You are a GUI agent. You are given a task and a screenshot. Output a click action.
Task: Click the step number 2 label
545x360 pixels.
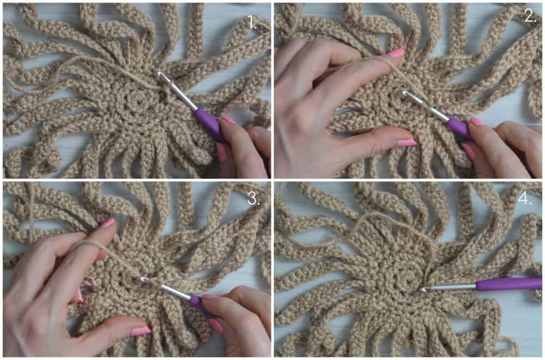pyautogui.click(x=530, y=16)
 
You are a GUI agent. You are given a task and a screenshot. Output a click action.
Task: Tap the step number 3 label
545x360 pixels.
pyautogui.click(x=254, y=199)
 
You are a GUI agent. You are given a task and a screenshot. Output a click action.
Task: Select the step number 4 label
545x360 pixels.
pyautogui.click(x=524, y=199)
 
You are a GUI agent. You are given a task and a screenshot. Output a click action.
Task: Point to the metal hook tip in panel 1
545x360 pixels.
pyautogui.click(x=160, y=74)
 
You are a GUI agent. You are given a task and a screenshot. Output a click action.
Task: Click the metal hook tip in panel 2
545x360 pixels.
pyautogui.click(x=404, y=93)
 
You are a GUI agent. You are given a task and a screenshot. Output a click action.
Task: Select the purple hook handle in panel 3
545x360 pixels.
pyautogui.click(x=197, y=302)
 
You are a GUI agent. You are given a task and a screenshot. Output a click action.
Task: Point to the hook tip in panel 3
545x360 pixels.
pyautogui.click(x=143, y=279)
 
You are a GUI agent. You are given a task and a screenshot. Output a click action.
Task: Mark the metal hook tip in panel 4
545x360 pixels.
pyautogui.click(x=422, y=289)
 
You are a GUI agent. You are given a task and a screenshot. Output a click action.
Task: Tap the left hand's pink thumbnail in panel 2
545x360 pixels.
pyautogui.click(x=407, y=143)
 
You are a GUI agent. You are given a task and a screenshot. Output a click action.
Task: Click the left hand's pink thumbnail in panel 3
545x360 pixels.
pyautogui.click(x=141, y=331)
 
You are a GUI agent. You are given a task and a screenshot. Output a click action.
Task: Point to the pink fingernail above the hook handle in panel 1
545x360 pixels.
pyautogui.click(x=228, y=119)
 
